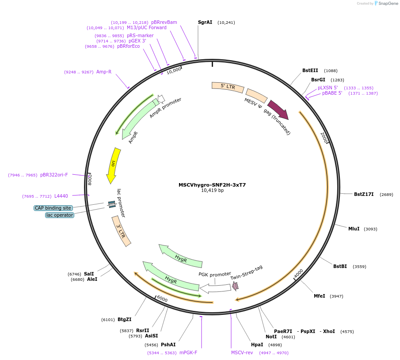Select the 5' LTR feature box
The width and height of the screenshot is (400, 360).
pyautogui.click(x=228, y=87)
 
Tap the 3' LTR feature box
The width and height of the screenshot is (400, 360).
pyautogui.click(x=121, y=231)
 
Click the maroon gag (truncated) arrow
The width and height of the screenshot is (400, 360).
pyautogui.click(x=278, y=109)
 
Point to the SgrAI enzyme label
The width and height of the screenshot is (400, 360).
pyautogui.click(x=205, y=22)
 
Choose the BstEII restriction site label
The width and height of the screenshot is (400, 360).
pyautogui.click(x=310, y=70)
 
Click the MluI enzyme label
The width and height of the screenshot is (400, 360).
pyautogui.click(x=354, y=229)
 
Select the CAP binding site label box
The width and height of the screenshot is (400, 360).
pyautogui.click(x=53, y=208)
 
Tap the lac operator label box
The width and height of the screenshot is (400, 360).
pyautogui.click(x=60, y=215)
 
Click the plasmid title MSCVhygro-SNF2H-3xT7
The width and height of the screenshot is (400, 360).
pyautogui.click(x=212, y=185)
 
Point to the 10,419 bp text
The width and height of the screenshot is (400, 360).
pyautogui.click(x=212, y=191)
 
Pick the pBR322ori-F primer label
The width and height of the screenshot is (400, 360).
pyautogui.click(x=54, y=175)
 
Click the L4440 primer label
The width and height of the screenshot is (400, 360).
pyautogui.click(x=61, y=196)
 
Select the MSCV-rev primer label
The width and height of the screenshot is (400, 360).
pyautogui.click(x=242, y=352)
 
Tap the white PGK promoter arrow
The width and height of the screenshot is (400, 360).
pyautogui.click(x=215, y=288)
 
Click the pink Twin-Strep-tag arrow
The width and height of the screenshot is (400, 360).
pyautogui.click(x=235, y=286)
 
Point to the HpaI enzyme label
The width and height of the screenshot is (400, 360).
pyautogui.click(x=257, y=345)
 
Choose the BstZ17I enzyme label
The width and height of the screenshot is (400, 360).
pyautogui.click(x=364, y=194)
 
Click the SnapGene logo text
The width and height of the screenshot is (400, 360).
pyautogui.click(x=388, y=4)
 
